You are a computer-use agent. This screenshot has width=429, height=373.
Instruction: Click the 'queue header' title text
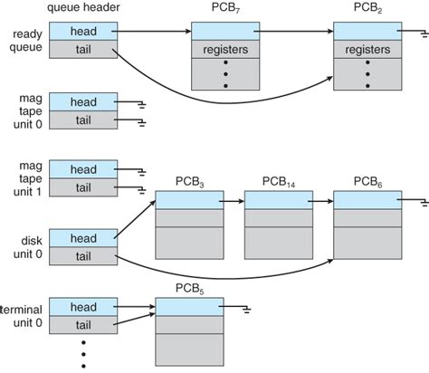point(83,7)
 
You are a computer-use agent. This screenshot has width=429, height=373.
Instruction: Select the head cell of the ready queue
point(83,31)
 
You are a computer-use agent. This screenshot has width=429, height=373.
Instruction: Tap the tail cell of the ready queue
point(83,49)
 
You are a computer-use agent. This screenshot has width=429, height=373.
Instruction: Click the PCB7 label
point(225,8)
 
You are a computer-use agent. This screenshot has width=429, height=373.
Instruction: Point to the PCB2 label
point(367,8)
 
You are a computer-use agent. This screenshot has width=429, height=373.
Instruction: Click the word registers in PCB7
point(225,50)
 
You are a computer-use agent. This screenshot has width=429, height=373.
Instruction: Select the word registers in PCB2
point(367,50)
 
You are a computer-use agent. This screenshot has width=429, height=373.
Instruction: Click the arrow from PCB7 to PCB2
point(293,31)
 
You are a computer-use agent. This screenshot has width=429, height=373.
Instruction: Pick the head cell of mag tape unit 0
point(83,101)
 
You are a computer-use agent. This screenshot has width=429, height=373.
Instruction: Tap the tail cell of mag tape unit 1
point(83,187)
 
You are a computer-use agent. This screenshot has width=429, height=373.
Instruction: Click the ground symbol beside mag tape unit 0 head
point(142,105)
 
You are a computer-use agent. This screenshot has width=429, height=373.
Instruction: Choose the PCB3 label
point(189,182)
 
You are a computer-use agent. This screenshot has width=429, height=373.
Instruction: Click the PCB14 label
point(279,182)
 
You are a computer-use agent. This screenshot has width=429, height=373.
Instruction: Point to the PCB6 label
point(367,182)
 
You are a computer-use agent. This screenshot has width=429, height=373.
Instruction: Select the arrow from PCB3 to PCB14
point(232,201)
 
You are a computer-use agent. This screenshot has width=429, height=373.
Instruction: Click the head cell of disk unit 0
point(83,238)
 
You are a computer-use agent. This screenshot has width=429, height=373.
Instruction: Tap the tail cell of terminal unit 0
point(83,325)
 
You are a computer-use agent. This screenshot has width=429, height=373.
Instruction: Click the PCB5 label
point(189,289)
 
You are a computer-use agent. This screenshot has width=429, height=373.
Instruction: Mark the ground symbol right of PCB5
point(247,310)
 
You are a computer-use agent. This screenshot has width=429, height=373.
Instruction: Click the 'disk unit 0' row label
point(28,247)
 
